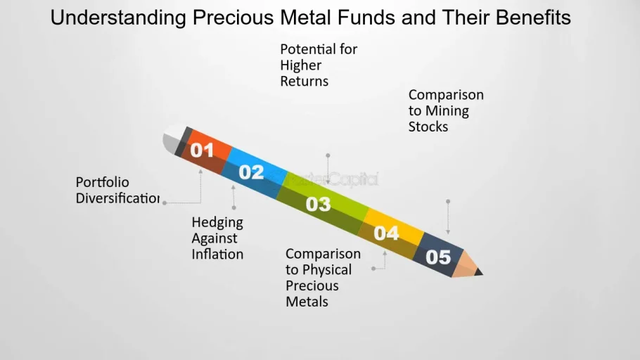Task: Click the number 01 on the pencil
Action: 202,150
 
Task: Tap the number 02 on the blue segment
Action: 252,172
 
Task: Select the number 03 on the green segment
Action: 319,204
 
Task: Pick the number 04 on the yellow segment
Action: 386,233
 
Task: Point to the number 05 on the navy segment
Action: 438,257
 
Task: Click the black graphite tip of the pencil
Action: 478,272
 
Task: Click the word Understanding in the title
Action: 118,18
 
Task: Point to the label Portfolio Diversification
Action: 117,191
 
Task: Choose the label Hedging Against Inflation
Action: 217,238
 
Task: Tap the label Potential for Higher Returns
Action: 319,65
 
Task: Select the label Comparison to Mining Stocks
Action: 446,110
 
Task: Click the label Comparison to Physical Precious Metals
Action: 323,278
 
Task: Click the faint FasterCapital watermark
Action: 333,179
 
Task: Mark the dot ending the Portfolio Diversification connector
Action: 165,203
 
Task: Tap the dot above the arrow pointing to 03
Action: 328,155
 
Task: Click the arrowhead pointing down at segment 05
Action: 448,232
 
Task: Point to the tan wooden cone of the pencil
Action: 466,264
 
